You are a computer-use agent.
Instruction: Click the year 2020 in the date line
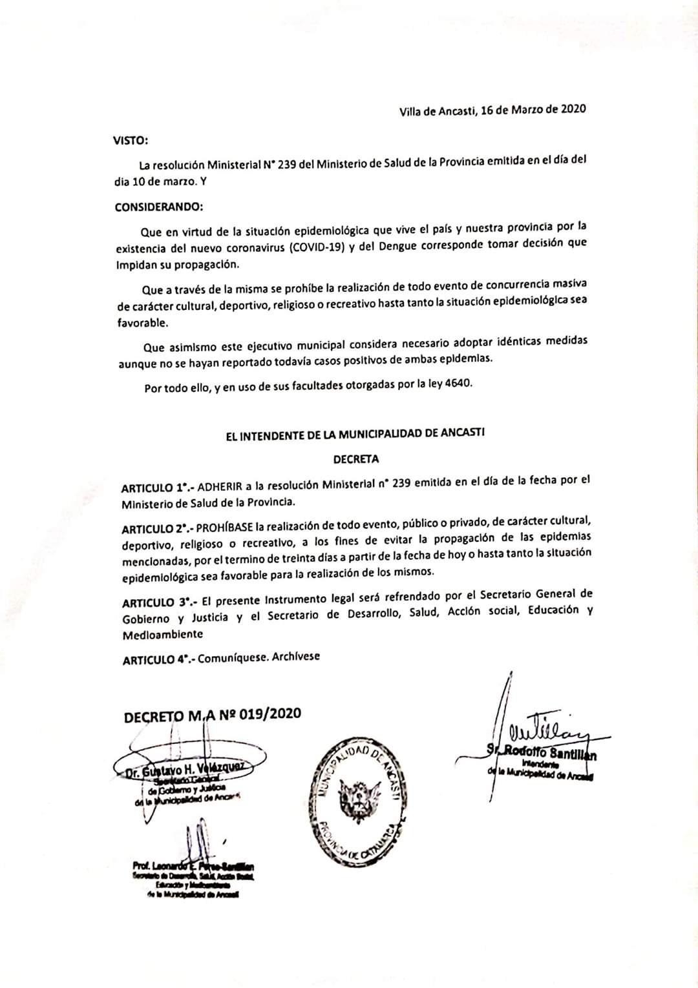[x=573, y=108]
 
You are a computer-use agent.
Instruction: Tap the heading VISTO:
[x=131, y=140]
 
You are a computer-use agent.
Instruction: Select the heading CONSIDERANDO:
[x=158, y=207]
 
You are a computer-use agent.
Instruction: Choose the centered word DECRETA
[x=355, y=459]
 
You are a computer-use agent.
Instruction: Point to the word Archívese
[x=296, y=657]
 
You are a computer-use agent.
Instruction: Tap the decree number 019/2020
[x=270, y=714]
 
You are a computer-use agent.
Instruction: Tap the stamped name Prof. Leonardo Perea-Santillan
[x=193, y=866]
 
